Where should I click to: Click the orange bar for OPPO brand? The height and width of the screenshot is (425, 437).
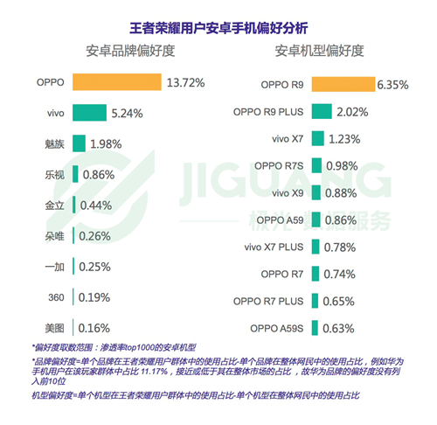pos(117,83)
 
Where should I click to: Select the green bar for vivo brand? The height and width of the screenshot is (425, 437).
pos(94,114)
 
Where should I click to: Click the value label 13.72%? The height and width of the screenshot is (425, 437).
pos(185,83)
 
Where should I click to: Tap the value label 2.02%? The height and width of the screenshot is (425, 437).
pos(355,112)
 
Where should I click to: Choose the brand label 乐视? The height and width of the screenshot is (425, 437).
pos(54,175)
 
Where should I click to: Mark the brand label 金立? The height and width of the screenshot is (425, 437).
pos(54,206)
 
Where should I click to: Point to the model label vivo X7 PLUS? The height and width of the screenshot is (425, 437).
pos(272,247)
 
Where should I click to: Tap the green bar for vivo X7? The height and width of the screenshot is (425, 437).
pos(316,139)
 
